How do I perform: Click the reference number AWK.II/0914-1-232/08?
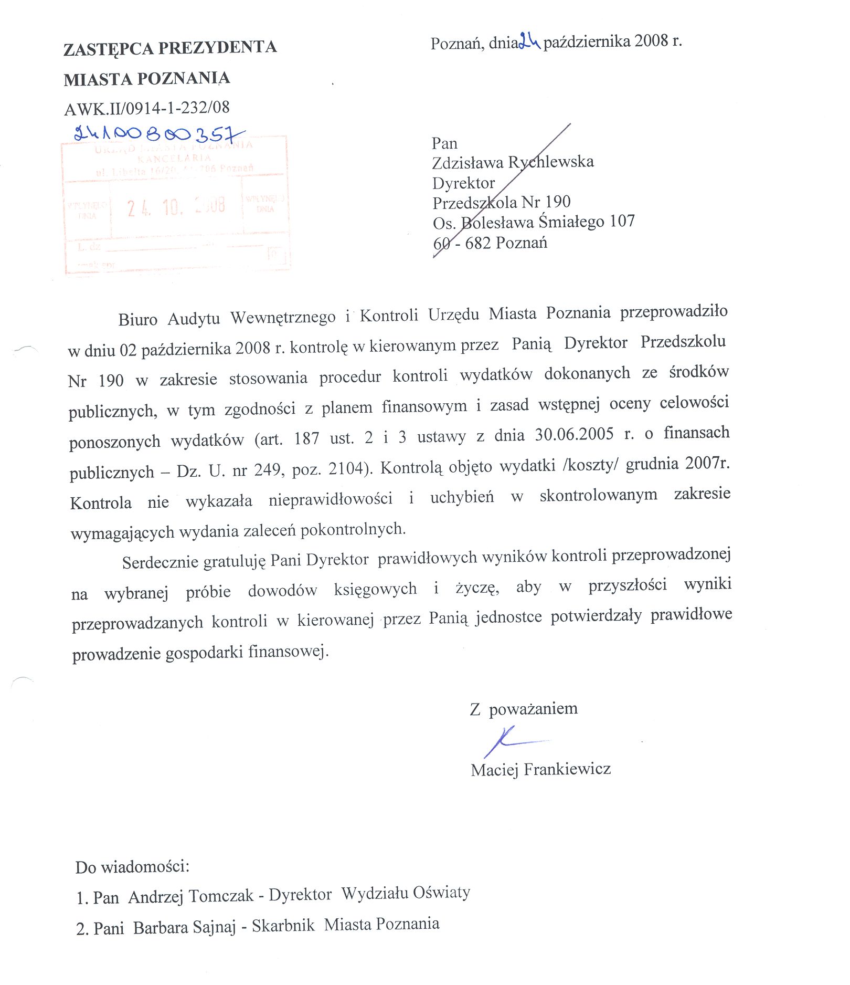pos(147,108)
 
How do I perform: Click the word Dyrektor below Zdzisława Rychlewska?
pos(463,183)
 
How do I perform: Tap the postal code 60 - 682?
pos(462,243)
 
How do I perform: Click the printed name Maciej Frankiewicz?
pos(540,769)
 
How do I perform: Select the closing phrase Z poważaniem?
pos(524,709)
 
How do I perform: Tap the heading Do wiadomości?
pos(132,866)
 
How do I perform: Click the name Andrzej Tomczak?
pos(190,896)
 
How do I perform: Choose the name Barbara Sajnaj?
pos(184,927)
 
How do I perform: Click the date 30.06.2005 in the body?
pos(574,434)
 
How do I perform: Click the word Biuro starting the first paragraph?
pos(137,319)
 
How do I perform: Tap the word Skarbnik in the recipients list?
pos(283,925)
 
